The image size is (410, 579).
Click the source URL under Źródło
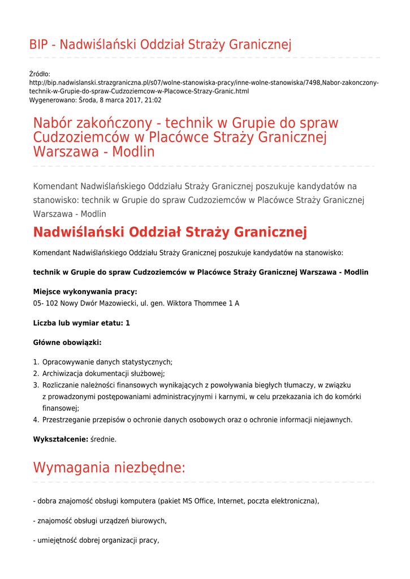pos(204,87)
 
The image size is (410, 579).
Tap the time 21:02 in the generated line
pos(153,100)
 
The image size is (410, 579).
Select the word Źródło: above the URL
pos(40,74)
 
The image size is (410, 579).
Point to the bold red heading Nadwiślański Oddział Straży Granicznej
pos(170,232)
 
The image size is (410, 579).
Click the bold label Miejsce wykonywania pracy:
pos(85,292)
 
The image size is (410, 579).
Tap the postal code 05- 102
pos(46,303)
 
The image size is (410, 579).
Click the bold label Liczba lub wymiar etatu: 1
pos(81,323)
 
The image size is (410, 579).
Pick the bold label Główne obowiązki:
pos(67,343)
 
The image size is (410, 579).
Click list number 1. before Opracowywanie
pos(36,362)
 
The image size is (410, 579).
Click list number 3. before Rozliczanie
pos(36,385)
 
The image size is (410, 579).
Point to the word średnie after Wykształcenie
pos(103,439)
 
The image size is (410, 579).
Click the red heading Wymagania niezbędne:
pos(109,468)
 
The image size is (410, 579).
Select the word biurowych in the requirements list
pos(149,520)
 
